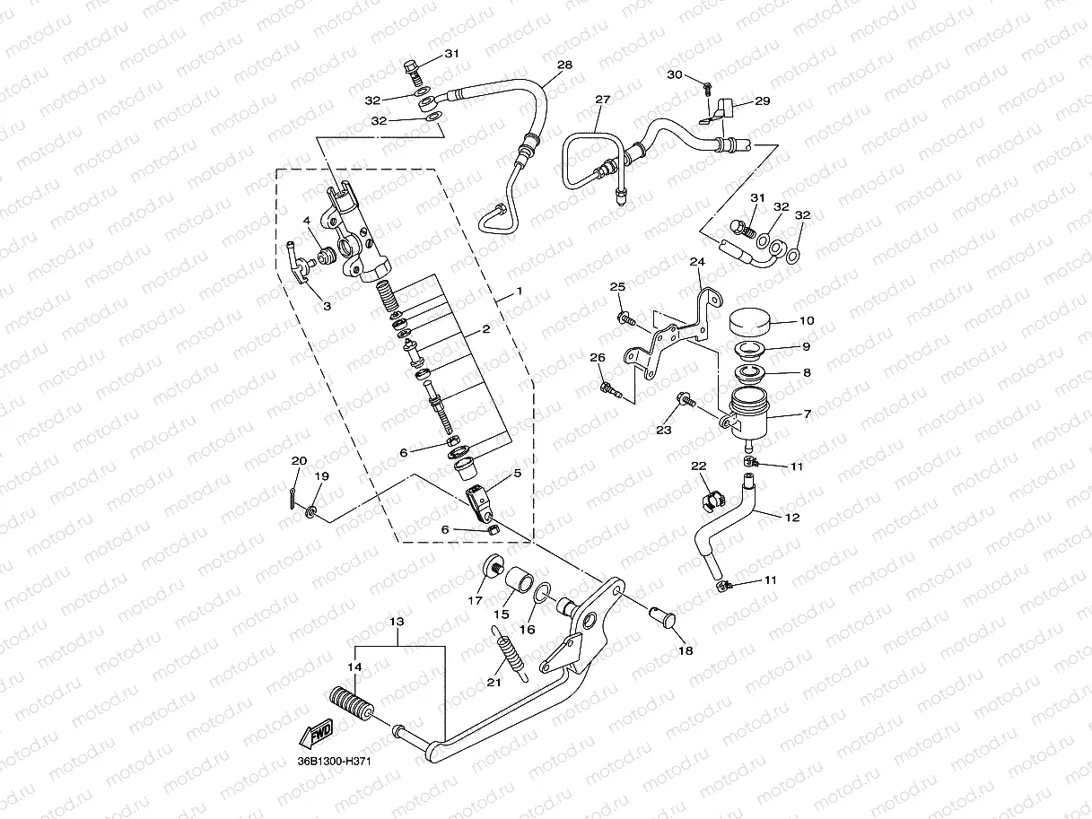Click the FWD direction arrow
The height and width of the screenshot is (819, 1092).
[319, 735]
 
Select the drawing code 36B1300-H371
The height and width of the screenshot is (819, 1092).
[335, 762]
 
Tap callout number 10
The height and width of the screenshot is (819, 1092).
[807, 320]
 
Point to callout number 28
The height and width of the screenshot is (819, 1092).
[564, 65]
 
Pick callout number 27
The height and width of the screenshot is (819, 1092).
[601, 100]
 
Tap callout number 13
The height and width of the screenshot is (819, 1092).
[397, 621]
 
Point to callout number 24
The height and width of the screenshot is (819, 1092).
[696, 262]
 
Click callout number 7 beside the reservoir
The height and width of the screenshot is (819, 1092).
[807, 414]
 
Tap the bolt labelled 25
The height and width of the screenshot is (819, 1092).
[625, 318]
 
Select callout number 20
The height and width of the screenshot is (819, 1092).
[299, 461]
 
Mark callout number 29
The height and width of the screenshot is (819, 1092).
[762, 101]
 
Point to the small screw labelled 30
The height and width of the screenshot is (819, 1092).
[708, 87]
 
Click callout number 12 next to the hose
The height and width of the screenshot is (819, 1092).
[791, 518]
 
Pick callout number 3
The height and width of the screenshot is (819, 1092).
[327, 306]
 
